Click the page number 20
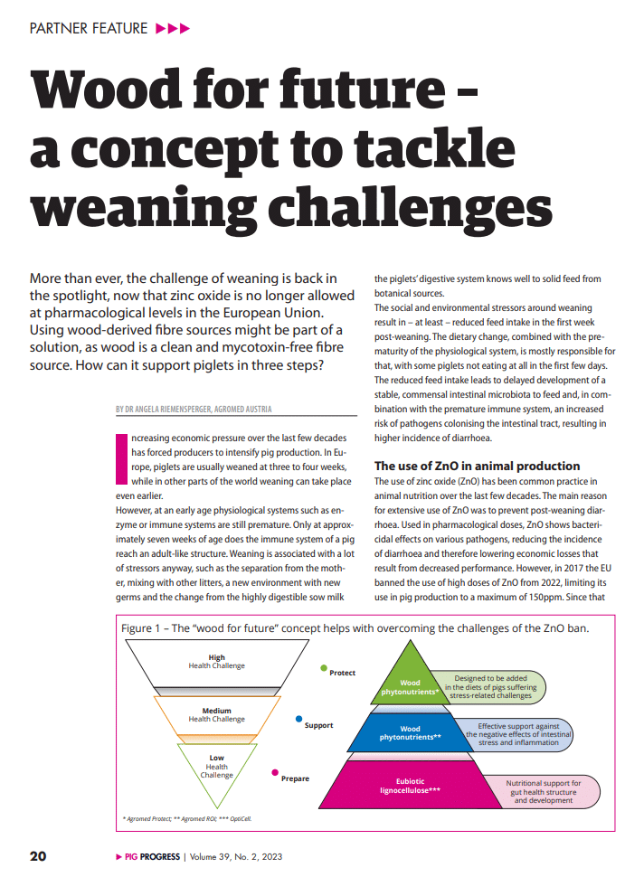click(38, 856)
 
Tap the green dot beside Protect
click(324, 668)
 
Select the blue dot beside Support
click(299, 719)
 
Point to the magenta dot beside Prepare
click(275, 772)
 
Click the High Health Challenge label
click(216, 662)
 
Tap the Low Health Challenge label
click(216, 766)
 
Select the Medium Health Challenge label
click(216, 714)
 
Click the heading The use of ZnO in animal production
click(477, 466)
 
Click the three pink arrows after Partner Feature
click(173, 28)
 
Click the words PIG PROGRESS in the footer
click(146, 856)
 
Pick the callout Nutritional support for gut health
click(543, 791)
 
